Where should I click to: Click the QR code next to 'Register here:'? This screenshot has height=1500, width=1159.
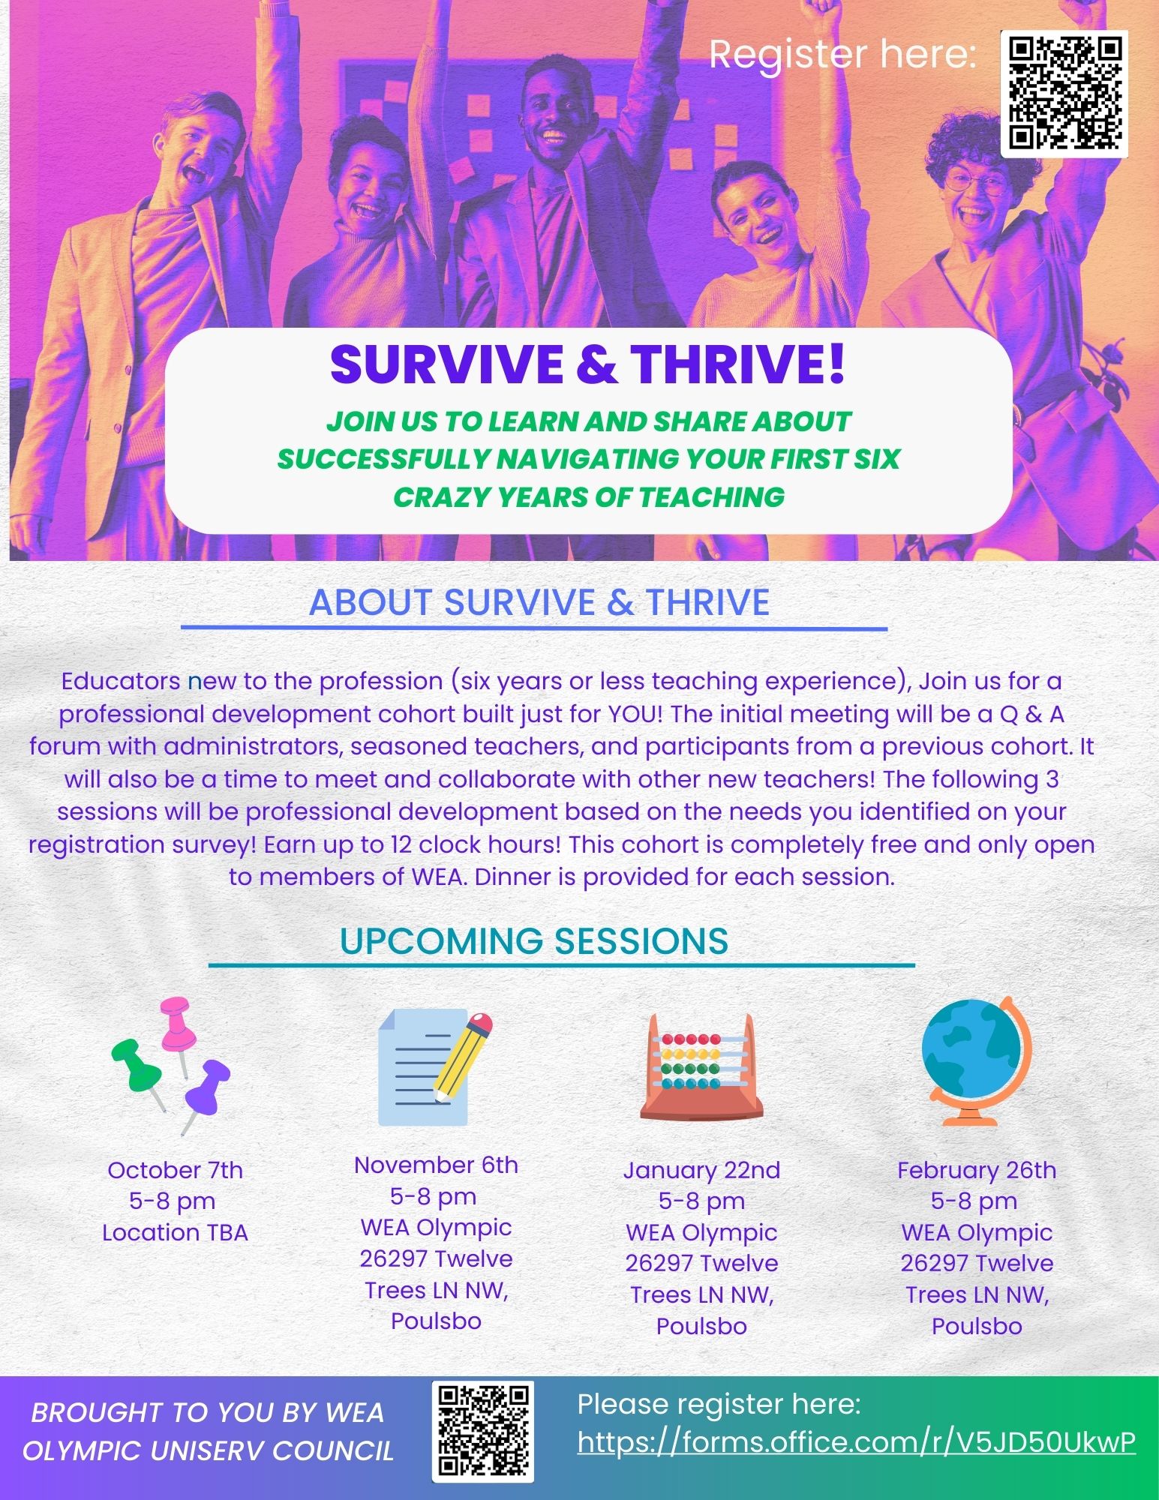coord(1064,94)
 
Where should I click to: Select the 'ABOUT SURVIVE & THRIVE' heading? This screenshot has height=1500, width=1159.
coord(539,602)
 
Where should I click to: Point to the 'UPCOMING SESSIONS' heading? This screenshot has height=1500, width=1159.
coord(534,940)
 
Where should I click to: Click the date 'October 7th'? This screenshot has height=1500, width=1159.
coord(176,1170)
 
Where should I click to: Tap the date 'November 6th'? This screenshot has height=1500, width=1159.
coord(436,1165)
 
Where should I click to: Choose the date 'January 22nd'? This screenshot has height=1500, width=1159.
coord(701,1170)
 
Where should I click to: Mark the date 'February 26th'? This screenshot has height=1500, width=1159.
coord(977,1170)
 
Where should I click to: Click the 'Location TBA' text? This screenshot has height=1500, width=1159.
coord(175,1232)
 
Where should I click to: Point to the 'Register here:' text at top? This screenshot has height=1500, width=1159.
coord(843,54)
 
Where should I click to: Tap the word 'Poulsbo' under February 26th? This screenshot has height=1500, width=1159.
coord(977,1326)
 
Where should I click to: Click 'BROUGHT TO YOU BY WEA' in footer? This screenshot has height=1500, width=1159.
coord(208,1413)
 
